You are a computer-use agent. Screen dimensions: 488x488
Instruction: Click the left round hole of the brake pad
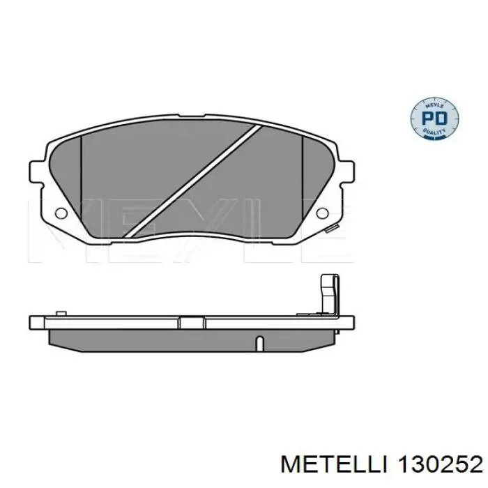click(61, 213)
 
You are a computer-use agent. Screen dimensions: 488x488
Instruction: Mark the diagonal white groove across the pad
click(192, 182)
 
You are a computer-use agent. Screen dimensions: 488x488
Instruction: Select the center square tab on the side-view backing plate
click(189, 322)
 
